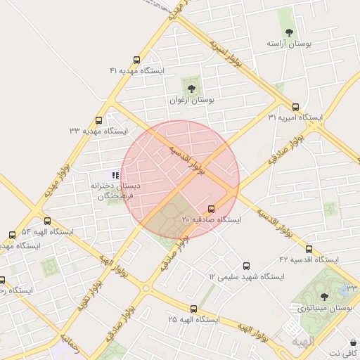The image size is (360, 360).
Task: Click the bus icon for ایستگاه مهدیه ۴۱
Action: click(x=136, y=60)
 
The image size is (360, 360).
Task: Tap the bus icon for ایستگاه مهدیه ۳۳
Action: click(x=98, y=120)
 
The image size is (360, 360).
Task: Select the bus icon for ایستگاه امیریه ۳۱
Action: click(x=295, y=107)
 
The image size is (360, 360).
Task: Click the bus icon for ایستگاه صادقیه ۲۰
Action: click(x=212, y=209)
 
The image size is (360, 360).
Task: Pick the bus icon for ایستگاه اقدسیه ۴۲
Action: click(x=309, y=249)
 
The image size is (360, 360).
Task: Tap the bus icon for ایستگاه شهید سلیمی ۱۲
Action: click(x=245, y=266)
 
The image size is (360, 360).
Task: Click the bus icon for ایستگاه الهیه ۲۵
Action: click(x=193, y=309)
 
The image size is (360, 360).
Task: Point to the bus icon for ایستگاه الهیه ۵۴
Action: click(x=12, y=235)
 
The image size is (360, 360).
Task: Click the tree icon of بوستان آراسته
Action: click(x=288, y=32)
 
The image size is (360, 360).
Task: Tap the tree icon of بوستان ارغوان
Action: click(x=191, y=89)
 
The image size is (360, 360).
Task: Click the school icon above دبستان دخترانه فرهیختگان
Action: click(x=115, y=174)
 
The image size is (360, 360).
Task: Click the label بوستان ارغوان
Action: click(x=191, y=101)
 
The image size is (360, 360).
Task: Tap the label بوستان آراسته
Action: click(x=288, y=44)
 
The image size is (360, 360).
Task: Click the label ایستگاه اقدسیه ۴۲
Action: click(x=309, y=260)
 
